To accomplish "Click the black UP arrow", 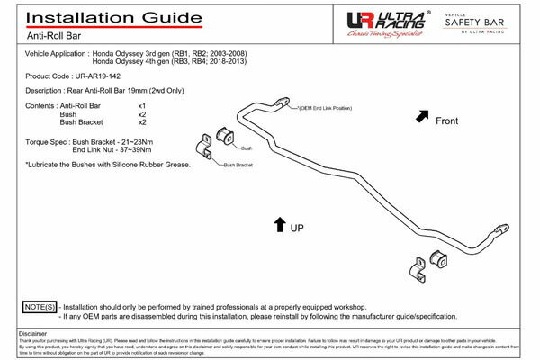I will click(x=279, y=224).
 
